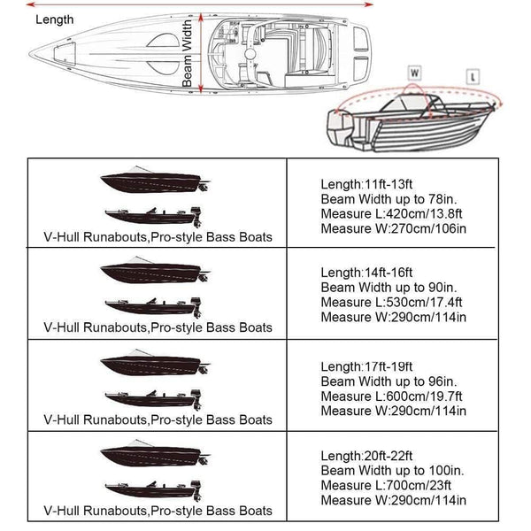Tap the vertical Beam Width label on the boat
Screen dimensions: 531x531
[x=188, y=54]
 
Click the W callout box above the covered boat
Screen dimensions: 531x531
[x=413, y=71]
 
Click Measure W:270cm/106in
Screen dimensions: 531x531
[x=393, y=230]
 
